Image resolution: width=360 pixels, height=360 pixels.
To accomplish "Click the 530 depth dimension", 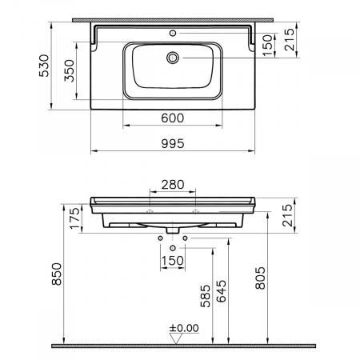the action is click(44, 66).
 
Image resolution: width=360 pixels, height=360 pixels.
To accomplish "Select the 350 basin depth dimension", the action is click(69, 70).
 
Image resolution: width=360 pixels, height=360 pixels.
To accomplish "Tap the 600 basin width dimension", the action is click(173, 118).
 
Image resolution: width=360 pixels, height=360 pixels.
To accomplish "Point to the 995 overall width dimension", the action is click(173, 143).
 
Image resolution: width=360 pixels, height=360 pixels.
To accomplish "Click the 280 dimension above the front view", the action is click(173, 185).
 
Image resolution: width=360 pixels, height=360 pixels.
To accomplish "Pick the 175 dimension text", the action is click(75, 218).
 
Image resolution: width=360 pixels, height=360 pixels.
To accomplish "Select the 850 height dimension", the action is click(57, 274).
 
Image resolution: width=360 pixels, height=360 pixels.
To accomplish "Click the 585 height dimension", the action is click(206, 296).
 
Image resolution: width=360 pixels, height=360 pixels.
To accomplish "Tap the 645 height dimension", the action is click(222, 291).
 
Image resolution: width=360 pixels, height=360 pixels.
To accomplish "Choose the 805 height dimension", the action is click(261, 278).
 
